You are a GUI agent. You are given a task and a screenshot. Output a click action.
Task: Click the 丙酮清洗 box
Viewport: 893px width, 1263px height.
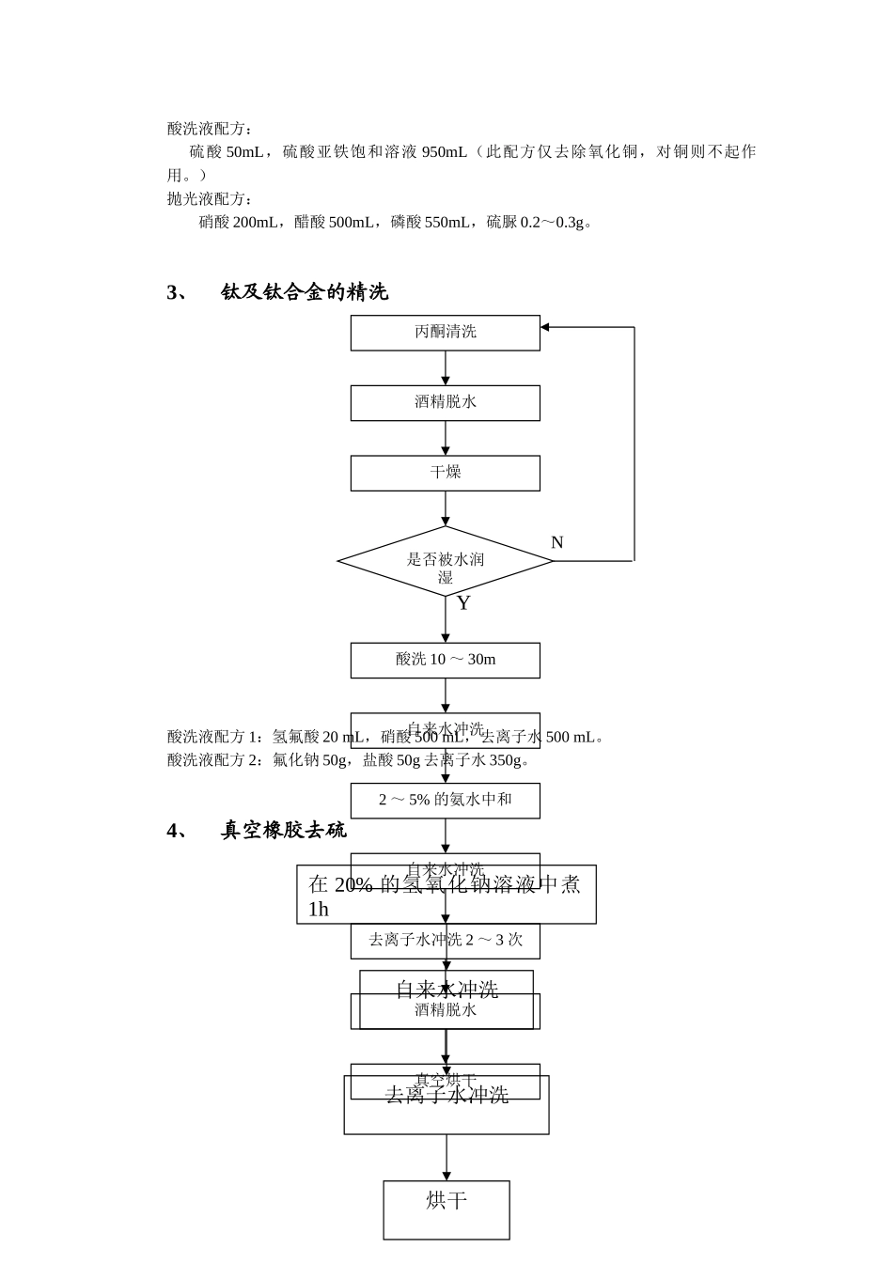tap(445, 332)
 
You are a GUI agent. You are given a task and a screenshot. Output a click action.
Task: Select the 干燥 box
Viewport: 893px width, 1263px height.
tap(445, 473)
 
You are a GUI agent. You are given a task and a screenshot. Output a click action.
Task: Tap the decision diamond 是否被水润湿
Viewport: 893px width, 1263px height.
tap(445, 562)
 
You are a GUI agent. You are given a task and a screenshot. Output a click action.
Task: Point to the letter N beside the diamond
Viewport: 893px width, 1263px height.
tap(556, 543)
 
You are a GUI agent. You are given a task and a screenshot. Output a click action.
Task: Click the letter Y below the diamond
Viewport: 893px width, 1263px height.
tap(463, 603)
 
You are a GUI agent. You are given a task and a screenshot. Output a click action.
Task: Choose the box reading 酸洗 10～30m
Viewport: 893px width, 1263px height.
tap(445, 660)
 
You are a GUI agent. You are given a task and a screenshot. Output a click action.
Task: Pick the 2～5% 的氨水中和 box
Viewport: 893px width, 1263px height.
tap(445, 800)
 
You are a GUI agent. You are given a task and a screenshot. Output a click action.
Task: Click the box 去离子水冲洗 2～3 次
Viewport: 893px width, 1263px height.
tap(445, 941)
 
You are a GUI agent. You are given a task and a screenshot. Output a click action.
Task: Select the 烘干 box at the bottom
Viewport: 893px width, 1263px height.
tap(446, 1209)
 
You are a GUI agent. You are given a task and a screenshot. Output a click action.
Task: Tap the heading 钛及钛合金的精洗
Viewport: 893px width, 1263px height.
tap(304, 292)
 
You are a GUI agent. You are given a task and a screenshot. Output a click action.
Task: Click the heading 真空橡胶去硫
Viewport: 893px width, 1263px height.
tap(283, 831)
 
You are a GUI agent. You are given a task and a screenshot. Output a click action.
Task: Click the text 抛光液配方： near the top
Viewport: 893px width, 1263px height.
tap(210, 199)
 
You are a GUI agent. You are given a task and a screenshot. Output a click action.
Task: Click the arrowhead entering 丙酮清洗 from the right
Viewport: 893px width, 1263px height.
tap(545, 327)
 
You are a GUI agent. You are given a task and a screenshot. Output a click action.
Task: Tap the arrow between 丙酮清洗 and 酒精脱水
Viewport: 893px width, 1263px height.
tap(446, 368)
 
